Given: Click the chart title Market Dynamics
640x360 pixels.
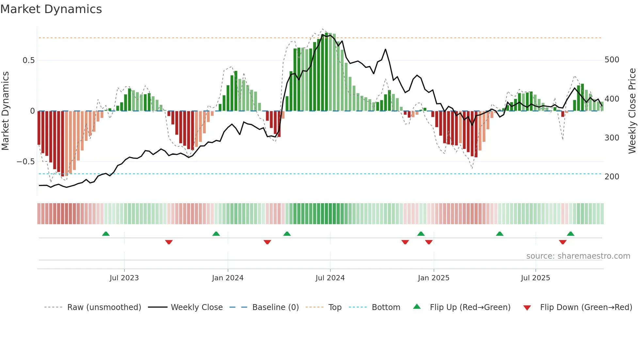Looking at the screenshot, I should point(51,9).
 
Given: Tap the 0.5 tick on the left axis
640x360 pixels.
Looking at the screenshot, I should point(28,60).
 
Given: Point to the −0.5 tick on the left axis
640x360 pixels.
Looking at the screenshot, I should point(26,162).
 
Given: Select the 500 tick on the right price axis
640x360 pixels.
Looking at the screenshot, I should point(612,60).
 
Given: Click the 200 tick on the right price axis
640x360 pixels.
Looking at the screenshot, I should point(612,177).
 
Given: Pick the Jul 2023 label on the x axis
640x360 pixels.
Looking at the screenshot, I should point(124,278).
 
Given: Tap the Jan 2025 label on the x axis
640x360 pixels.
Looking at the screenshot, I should point(433,278).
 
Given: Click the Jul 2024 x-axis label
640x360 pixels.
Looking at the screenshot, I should point(330,278).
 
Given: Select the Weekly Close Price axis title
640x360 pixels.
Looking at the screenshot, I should point(632,111).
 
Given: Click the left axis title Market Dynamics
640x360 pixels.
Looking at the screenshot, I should point(5,111).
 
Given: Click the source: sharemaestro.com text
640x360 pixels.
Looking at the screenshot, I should point(578,256).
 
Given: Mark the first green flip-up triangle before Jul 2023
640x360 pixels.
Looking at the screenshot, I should point(106,234).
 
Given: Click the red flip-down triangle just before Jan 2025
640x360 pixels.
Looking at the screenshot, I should point(429,242).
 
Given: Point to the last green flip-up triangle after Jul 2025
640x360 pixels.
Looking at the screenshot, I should point(570,234).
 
